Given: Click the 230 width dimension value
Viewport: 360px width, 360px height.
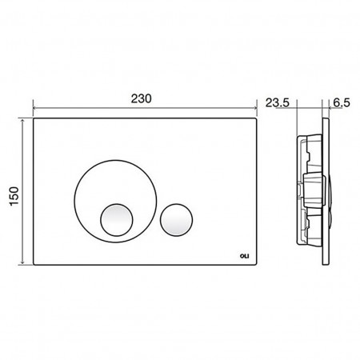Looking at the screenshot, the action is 141,99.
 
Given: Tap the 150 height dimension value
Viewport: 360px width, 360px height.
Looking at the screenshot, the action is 14,196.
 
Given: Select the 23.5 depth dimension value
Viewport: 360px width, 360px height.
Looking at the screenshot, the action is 277,102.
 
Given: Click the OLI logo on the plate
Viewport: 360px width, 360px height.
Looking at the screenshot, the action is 244,256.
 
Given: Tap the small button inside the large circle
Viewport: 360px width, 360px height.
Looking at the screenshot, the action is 117,220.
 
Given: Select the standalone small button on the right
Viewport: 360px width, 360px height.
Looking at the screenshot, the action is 176,220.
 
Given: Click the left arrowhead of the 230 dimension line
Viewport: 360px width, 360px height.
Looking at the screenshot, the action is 34,108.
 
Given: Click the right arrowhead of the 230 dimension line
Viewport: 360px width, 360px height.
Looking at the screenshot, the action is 255,108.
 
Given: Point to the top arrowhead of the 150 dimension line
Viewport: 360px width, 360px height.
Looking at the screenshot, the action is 22,120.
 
